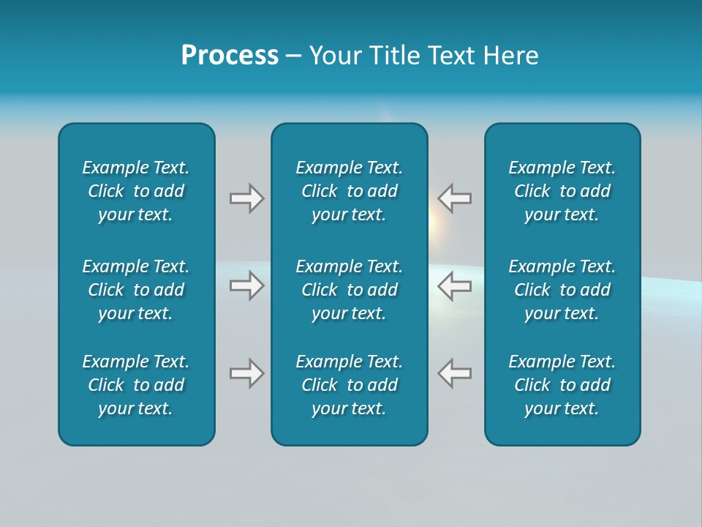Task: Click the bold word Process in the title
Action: [230, 56]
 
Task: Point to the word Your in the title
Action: [334, 56]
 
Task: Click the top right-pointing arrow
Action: [246, 198]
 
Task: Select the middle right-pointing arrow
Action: [246, 285]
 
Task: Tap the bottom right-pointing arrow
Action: [246, 373]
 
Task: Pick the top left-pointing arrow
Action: [455, 198]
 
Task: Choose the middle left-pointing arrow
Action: [455, 285]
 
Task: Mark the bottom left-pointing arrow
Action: [455, 373]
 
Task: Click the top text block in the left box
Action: [136, 191]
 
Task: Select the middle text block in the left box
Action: [136, 290]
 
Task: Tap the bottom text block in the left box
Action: [136, 385]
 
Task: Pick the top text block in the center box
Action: [350, 191]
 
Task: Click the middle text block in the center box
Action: [350, 290]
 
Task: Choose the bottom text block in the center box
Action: [350, 385]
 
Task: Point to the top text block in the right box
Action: [562, 191]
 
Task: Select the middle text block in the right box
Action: [562, 290]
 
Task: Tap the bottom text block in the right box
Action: [562, 385]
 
